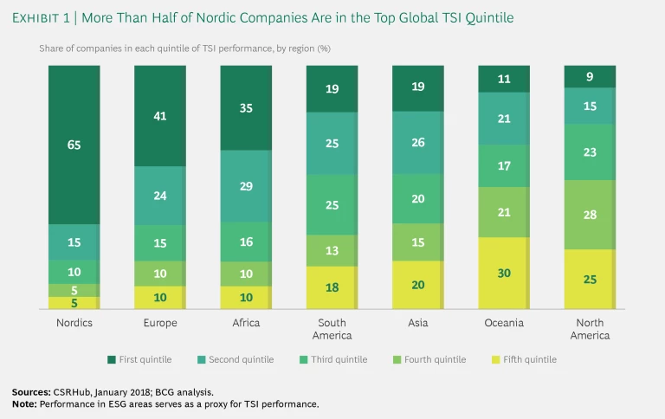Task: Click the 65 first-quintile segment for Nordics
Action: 74,145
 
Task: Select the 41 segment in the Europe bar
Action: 160,116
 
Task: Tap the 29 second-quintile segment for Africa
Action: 246,187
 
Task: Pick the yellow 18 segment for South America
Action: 332,287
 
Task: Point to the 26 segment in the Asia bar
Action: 417,142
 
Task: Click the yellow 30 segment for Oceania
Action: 503,273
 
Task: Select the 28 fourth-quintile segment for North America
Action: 589,214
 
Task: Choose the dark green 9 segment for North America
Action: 589,76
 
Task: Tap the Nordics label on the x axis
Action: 74,324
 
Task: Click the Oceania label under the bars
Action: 503,324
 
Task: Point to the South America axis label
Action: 332,329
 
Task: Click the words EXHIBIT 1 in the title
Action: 48,18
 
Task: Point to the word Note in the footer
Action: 26,404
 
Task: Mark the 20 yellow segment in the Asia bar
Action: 417,285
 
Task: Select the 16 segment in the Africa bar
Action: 246,242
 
